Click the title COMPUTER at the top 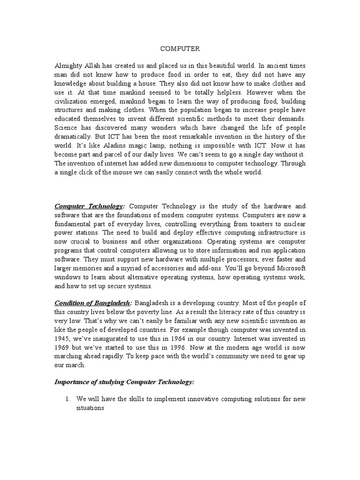[180, 48]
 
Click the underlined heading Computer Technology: [90, 206]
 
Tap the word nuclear [292, 224]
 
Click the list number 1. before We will [68, 399]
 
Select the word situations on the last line [90, 408]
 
